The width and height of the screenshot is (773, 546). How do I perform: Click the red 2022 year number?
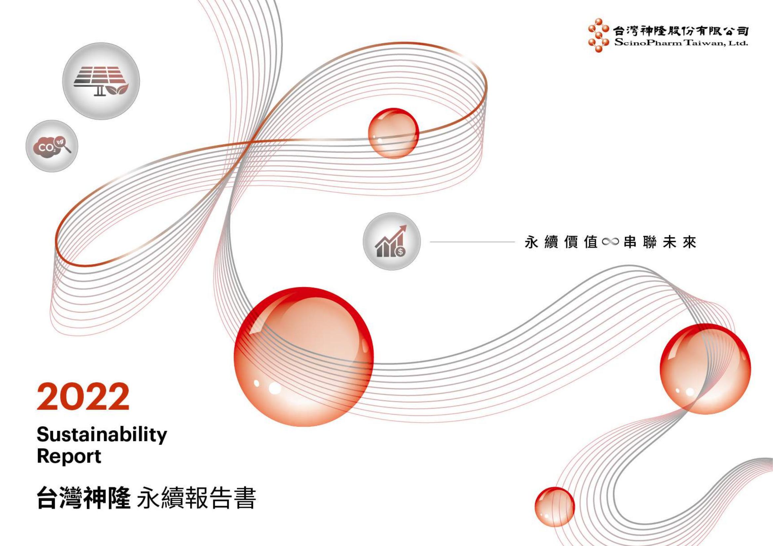pyautogui.click(x=83, y=397)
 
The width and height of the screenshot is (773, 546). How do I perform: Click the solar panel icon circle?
pyautogui.click(x=101, y=81)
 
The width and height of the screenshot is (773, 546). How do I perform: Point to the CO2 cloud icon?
pyautogui.click(x=52, y=146)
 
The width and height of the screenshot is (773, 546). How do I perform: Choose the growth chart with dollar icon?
pyautogui.click(x=392, y=241)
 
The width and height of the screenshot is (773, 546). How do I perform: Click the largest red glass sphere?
pyautogui.click(x=304, y=357)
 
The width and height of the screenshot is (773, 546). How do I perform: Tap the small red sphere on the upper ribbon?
pyautogui.click(x=394, y=133)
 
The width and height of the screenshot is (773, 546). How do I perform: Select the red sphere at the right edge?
pyautogui.click(x=705, y=369)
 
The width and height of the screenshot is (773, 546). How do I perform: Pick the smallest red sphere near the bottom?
pyautogui.click(x=555, y=507)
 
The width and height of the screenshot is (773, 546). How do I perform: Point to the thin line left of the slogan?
pyautogui.click(x=472, y=242)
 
